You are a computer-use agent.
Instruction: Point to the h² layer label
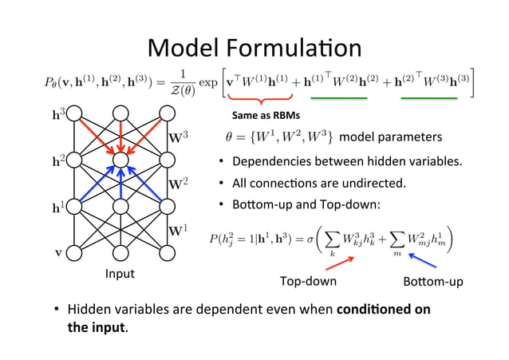57,160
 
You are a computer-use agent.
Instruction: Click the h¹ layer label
57,207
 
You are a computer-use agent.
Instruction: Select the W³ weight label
178,138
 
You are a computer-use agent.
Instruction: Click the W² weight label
178,184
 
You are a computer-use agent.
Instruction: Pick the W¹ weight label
178,231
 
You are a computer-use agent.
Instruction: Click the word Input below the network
120,274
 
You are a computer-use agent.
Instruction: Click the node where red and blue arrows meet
120,160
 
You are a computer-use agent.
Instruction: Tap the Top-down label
308,282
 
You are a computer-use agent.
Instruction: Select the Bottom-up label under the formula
433,282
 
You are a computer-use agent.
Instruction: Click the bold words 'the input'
97,326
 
